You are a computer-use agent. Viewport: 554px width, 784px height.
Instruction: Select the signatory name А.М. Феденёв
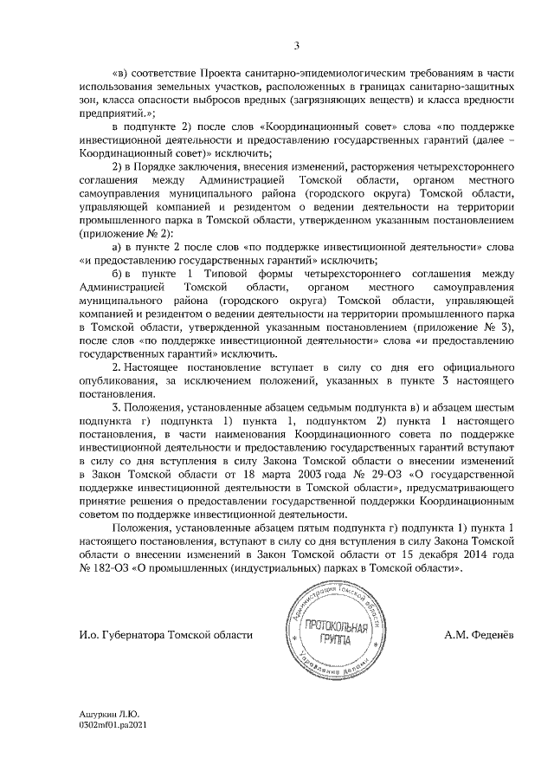478,634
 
